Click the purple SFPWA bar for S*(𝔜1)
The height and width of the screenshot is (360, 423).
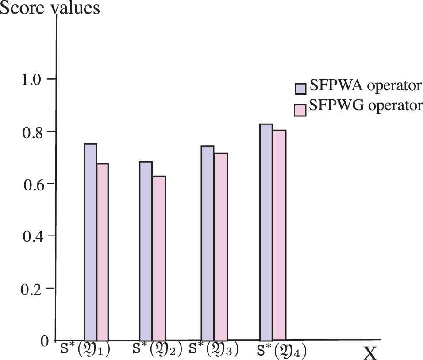(x=90, y=242)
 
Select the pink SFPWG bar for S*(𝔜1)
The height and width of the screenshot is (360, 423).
(x=102, y=252)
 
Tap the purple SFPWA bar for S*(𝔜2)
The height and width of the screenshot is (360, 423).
(x=146, y=251)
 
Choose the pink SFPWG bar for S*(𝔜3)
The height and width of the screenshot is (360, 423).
(x=220, y=246)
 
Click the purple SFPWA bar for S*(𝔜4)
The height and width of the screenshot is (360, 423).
(x=266, y=232)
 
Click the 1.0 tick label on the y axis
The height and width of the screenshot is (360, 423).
(x=31, y=80)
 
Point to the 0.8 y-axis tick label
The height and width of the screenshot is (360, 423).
(x=31, y=132)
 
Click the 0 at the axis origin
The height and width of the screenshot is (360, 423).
(x=44, y=341)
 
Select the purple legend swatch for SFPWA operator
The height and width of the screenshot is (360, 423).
(x=301, y=88)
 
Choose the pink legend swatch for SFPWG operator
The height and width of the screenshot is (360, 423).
(x=301, y=109)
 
